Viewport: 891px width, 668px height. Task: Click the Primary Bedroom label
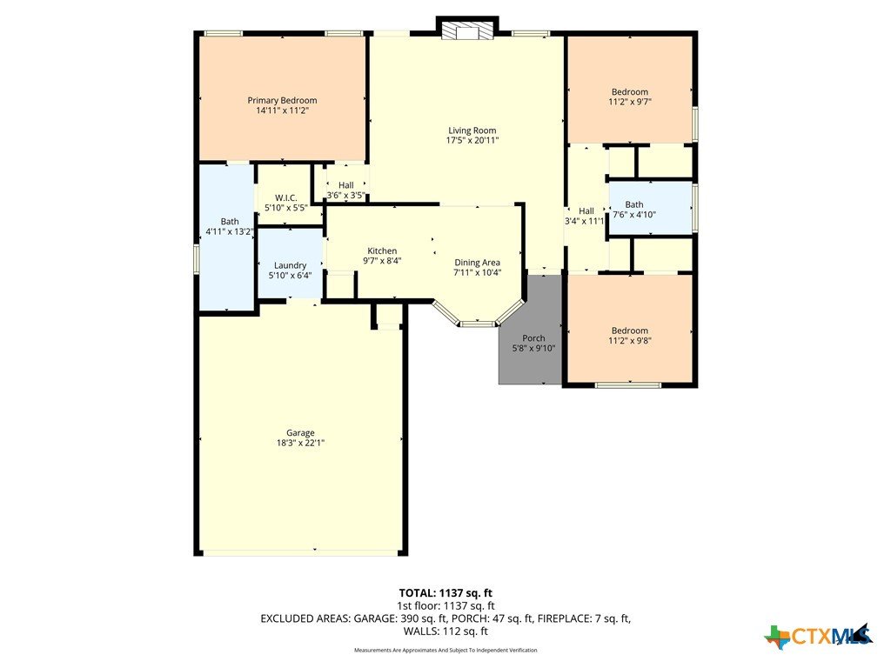(283, 101)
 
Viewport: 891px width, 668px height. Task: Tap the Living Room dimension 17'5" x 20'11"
(472, 140)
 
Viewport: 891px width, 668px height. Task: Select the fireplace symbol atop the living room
(467, 32)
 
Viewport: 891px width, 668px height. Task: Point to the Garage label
(300, 433)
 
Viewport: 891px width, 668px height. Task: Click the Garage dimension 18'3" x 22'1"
(300, 443)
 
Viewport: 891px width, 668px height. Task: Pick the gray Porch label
(533, 338)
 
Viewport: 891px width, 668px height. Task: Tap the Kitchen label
(382, 251)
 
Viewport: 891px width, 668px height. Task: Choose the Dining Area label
(478, 263)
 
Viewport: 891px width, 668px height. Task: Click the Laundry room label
(291, 265)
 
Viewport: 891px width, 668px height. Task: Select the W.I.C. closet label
(285, 197)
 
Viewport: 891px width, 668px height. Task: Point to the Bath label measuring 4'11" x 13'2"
(230, 222)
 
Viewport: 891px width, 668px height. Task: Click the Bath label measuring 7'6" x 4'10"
(634, 204)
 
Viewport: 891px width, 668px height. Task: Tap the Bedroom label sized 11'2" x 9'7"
(630, 92)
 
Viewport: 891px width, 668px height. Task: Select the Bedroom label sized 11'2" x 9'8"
(630, 331)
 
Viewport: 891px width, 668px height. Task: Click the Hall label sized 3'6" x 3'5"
(346, 185)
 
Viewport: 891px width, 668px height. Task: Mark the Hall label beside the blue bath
(586, 210)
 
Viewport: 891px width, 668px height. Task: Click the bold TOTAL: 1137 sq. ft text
(445, 593)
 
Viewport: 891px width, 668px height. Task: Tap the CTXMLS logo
(818, 636)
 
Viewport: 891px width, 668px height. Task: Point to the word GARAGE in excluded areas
(374, 618)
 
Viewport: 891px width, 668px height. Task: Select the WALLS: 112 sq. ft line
(445, 631)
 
